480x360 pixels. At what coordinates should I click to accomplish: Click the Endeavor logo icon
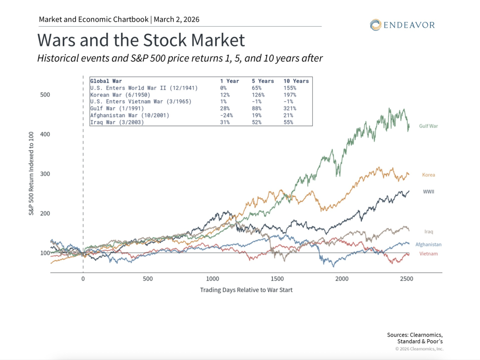(x=375, y=25)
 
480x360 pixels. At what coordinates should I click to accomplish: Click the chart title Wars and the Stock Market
(x=141, y=40)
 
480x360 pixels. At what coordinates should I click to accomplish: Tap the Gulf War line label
(x=428, y=126)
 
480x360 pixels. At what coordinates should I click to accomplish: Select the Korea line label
(x=428, y=175)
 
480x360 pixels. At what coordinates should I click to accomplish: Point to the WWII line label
(x=428, y=192)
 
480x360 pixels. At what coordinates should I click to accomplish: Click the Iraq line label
(x=428, y=232)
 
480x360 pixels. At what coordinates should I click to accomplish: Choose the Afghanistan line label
(x=428, y=244)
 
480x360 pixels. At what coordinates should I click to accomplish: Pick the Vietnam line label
(x=428, y=254)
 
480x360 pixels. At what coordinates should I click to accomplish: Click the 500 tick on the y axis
(x=45, y=95)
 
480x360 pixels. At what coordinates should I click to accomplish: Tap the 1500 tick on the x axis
(x=277, y=278)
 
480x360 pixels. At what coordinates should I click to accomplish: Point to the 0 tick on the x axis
(x=83, y=278)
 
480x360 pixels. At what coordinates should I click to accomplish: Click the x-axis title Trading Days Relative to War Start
(x=246, y=290)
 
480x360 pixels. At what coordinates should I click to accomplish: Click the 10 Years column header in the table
(x=296, y=81)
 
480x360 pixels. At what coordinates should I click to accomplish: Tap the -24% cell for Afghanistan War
(x=227, y=115)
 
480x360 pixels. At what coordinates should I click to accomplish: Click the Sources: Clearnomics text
(x=415, y=335)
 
